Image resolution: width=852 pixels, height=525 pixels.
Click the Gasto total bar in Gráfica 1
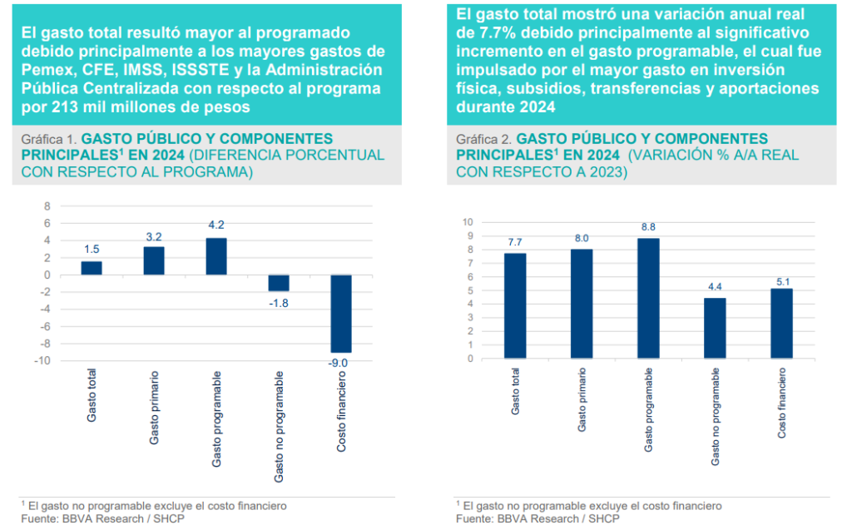coord(92,268)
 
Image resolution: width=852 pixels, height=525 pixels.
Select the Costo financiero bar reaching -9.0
coord(341,314)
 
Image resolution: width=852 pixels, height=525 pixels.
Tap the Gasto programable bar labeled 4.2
coord(216,256)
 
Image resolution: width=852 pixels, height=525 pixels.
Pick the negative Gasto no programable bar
coord(279,283)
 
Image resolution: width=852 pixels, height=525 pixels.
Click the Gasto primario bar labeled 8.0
coord(582,304)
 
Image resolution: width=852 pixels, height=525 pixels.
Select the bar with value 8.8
coord(648,299)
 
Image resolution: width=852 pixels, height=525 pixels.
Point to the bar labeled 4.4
coord(715,329)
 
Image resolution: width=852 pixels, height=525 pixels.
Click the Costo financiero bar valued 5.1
coord(781,324)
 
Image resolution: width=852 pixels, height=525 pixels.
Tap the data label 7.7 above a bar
coord(515,242)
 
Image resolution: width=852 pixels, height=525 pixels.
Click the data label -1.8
coord(279,302)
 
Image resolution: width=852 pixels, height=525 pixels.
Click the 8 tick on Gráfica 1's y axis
coord(47,206)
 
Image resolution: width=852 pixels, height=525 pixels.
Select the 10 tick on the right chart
coord(467,222)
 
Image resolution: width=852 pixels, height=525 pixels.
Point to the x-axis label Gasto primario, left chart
coord(155,409)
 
